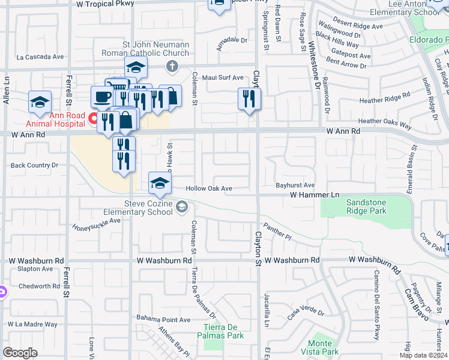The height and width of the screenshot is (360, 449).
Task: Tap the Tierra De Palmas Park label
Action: [x=223, y=331]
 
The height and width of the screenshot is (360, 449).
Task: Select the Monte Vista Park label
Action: [x=319, y=347]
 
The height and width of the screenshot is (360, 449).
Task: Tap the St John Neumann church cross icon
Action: [x=172, y=66]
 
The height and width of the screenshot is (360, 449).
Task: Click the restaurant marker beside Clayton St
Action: [x=249, y=99]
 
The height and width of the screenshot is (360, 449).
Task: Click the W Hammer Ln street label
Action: [x=315, y=195]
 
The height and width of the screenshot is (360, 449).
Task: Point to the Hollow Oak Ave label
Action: [x=209, y=188]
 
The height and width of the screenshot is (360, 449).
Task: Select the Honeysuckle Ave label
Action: [x=97, y=224]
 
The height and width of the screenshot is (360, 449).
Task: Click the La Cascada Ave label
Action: [x=40, y=58]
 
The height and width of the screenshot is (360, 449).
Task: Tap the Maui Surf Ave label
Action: [x=222, y=77]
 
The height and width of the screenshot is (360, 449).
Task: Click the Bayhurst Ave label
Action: [x=295, y=186]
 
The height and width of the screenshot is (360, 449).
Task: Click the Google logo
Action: [x=20, y=353]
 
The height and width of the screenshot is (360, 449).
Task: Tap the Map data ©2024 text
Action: [x=423, y=355]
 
